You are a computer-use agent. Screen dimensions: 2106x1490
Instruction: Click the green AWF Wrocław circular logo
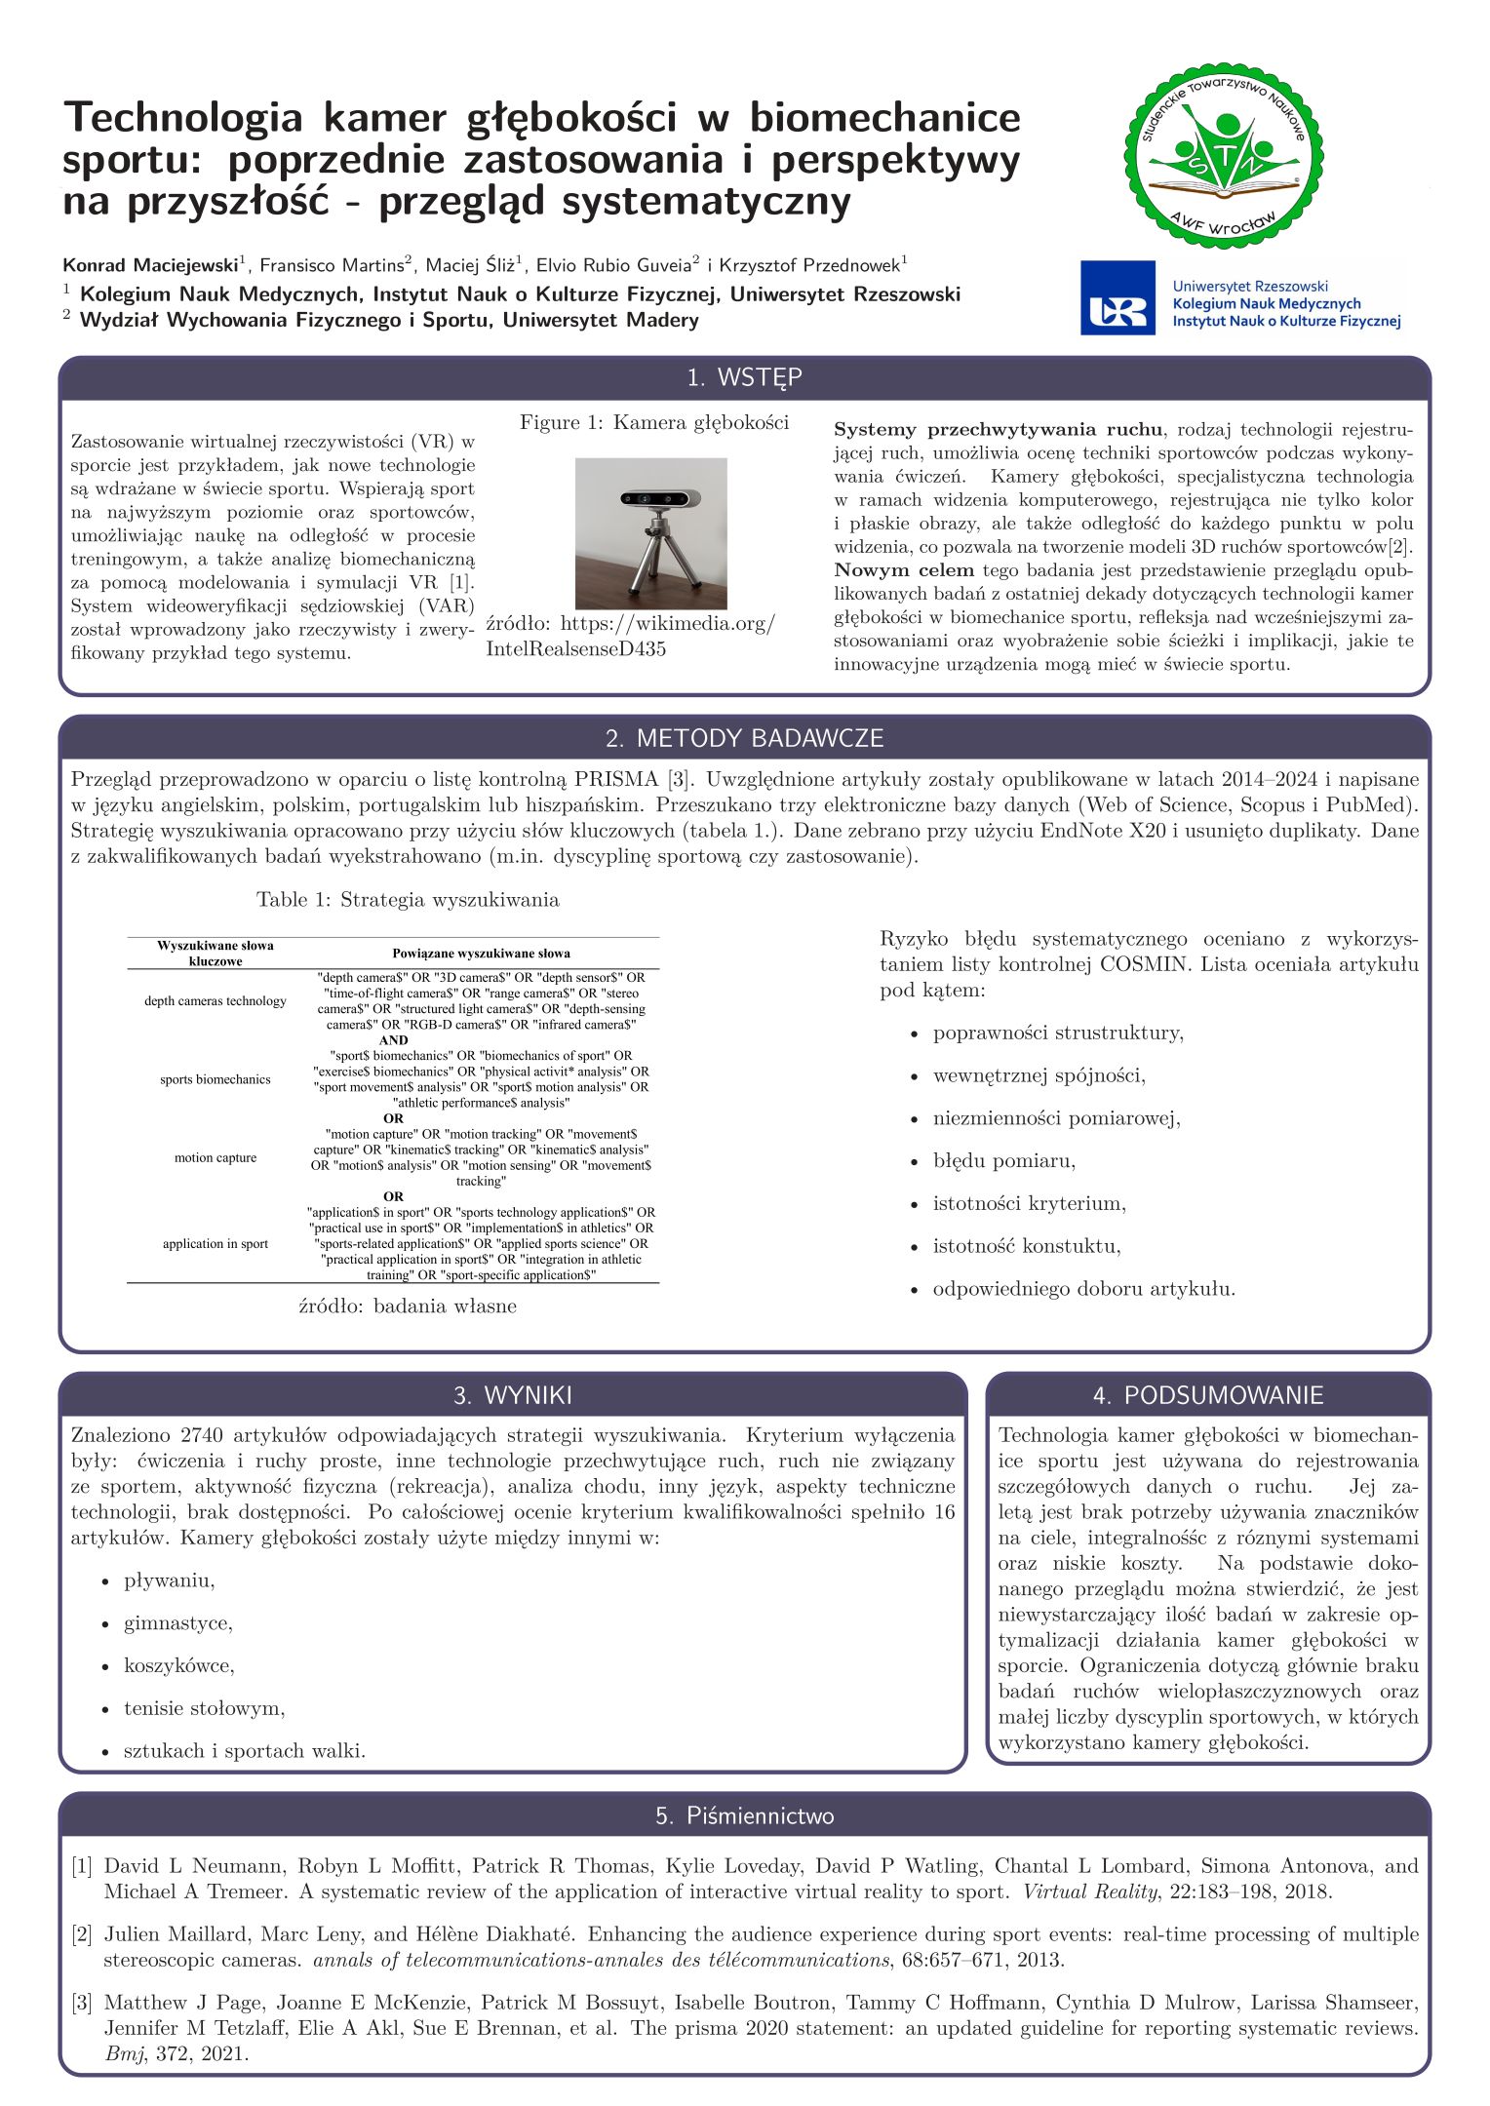pyautogui.click(x=1225, y=157)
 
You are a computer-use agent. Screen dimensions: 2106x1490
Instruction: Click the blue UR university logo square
pyautogui.click(x=1117, y=297)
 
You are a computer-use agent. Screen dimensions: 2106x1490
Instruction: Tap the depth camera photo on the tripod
pyautogui.click(x=650, y=533)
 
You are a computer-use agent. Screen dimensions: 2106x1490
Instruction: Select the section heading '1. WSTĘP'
pyautogui.click(x=744, y=378)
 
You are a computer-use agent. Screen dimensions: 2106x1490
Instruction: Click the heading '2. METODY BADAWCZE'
pyautogui.click(x=744, y=738)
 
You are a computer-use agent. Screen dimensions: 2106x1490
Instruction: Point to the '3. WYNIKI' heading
pyautogui.click(x=512, y=1395)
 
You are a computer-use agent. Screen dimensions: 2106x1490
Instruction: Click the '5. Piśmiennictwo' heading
pyautogui.click(x=744, y=1815)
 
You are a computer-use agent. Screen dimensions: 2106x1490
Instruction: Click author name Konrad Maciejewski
pyautogui.click(x=150, y=265)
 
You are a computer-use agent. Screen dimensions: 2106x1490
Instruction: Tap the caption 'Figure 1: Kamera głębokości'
pyautogui.click(x=653, y=422)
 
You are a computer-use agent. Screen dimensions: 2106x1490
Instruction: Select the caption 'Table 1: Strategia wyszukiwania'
pyautogui.click(x=408, y=899)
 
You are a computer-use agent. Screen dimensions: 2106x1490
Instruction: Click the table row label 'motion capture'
pyautogui.click(x=216, y=1157)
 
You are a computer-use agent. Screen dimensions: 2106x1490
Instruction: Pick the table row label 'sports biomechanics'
pyautogui.click(x=216, y=1079)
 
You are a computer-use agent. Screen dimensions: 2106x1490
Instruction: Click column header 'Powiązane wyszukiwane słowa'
pyautogui.click(x=481, y=953)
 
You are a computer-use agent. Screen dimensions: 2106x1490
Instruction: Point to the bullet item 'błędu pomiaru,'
pyautogui.click(x=1003, y=1160)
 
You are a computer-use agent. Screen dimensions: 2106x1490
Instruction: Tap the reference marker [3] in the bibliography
pyautogui.click(x=81, y=2003)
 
